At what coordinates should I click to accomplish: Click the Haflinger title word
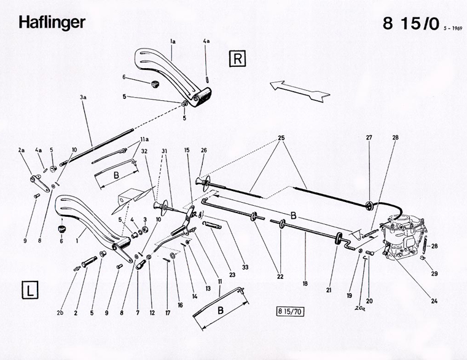click(x=52, y=22)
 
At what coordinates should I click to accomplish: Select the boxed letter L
click(x=29, y=289)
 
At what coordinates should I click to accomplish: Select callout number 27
click(x=369, y=138)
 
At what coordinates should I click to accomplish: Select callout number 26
click(x=203, y=151)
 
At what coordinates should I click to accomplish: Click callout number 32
click(x=144, y=151)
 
